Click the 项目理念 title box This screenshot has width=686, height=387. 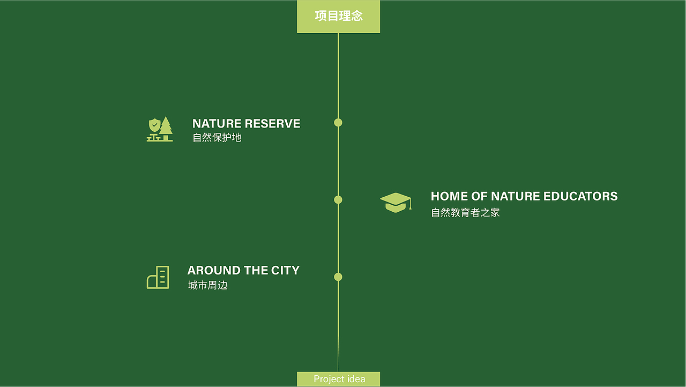pos(338,16)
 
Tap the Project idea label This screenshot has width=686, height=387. pos(339,379)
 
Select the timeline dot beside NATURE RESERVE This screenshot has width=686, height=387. pos(338,123)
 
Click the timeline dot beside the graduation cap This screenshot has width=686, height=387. pos(338,200)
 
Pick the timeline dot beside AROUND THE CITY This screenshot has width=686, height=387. pos(338,277)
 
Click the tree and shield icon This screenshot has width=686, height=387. pos(160,129)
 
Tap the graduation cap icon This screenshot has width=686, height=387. pos(396,203)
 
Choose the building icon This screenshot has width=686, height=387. pos(158,277)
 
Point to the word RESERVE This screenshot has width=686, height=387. pos(273,124)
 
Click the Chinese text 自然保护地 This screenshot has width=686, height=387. pos(217,138)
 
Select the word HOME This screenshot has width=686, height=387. pos(449,197)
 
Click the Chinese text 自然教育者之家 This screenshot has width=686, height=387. pos(465,213)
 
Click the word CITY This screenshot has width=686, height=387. pos(285,271)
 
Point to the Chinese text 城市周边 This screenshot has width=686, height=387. pos(208,285)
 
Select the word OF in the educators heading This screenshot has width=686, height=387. pos(479,197)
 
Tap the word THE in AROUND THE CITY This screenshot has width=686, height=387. pos(256,271)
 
